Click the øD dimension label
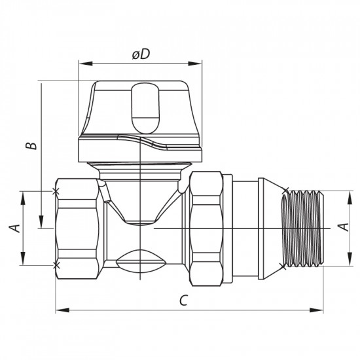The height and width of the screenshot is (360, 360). coord(141,56)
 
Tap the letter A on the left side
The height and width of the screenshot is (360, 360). coord(12,228)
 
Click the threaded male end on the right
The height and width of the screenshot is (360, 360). coord(304,228)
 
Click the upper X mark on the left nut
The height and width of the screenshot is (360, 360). coord(56,191)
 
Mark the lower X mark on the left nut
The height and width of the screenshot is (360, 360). coord(56,264)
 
